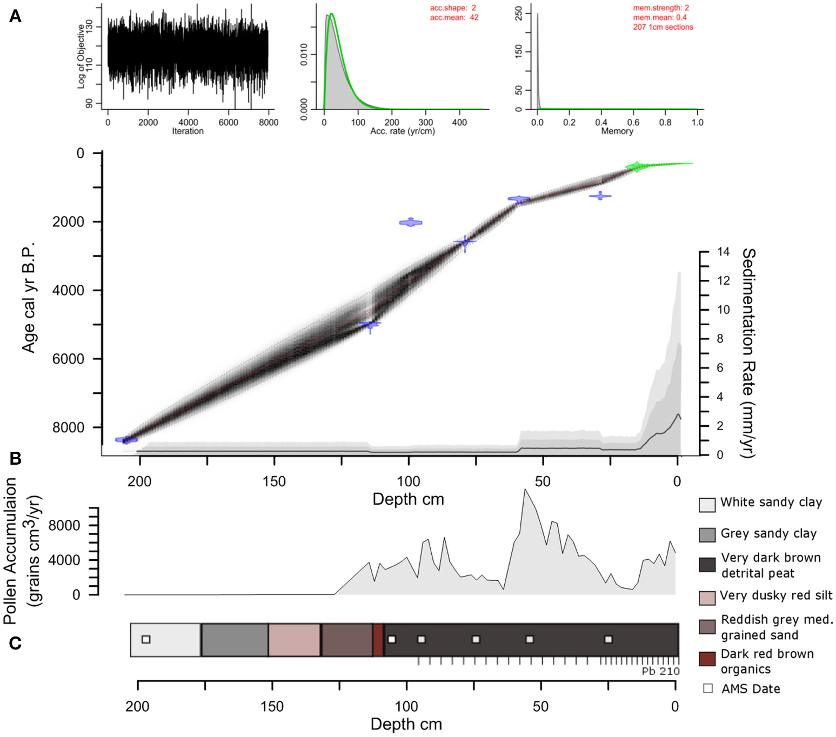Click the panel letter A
coord(15,17)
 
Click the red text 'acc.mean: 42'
coord(454,17)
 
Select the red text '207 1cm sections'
coord(663,27)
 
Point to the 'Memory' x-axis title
coord(617,131)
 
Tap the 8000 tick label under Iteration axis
coord(269,123)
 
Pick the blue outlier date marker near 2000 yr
coord(411,222)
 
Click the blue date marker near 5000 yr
coord(371,324)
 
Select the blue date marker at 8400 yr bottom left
coord(126,440)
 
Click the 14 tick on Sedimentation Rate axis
coord(723,252)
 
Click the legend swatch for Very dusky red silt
coord(707,598)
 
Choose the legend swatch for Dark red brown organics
coord(707,659)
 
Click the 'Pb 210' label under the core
coord(660,671)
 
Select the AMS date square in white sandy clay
coord(146,639)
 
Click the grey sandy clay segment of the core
coord(234,640)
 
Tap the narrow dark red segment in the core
coord(378,640)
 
